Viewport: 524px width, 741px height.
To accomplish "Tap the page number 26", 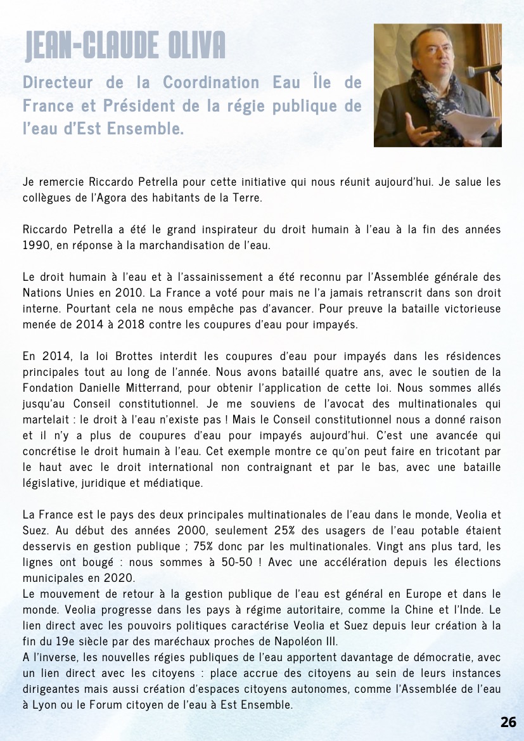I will (x=508, y=722).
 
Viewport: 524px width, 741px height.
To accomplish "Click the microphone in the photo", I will (x=485, y=70).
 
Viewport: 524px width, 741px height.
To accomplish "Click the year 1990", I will (x=35, y=245).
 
